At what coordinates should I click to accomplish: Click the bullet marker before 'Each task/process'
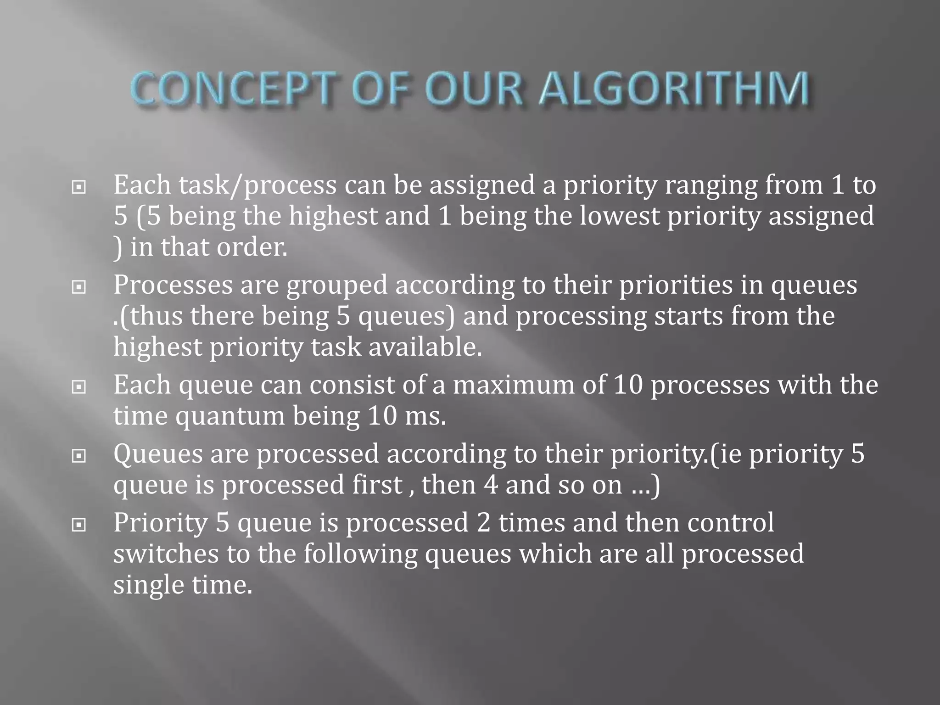point(79,187)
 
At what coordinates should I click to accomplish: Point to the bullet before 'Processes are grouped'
point(79,287)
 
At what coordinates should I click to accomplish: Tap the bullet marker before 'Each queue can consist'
point(79,387)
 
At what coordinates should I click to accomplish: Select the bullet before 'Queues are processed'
point(79,456)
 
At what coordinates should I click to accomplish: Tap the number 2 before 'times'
point(484,523)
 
